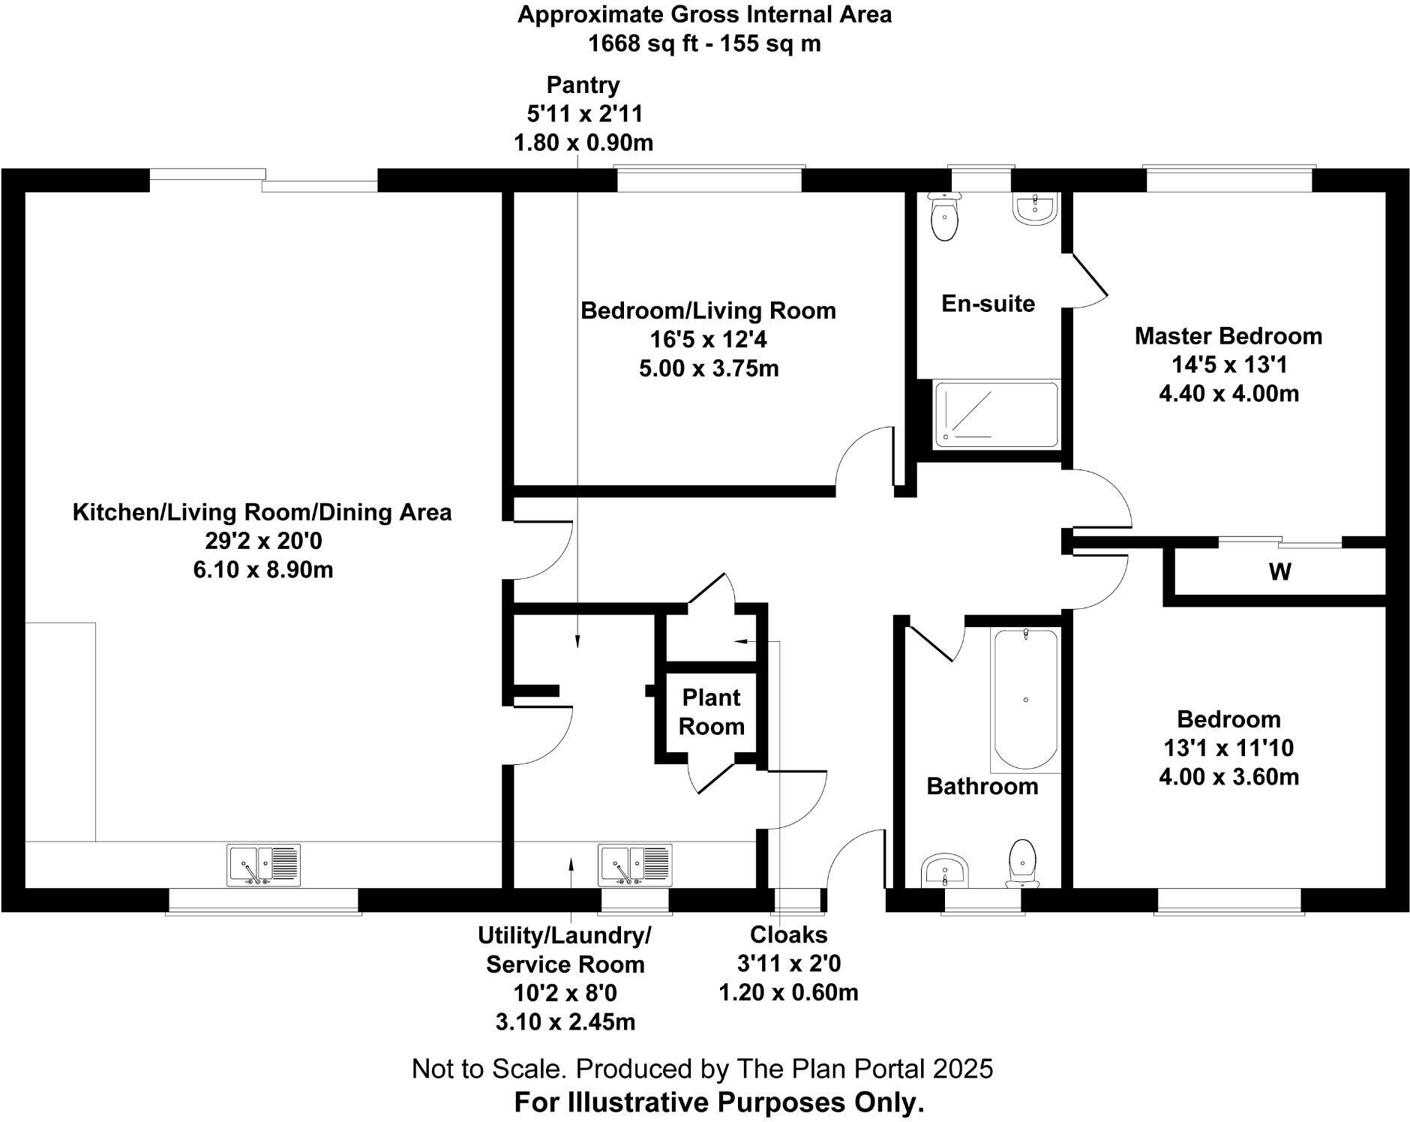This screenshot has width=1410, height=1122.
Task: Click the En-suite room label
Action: (x=988, y=303)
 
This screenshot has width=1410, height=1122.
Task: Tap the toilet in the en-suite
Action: (x=944, y=217)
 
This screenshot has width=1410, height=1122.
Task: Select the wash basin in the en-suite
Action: (x=1035, y=208)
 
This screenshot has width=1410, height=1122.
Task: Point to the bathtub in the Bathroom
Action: (x=1025, y=700)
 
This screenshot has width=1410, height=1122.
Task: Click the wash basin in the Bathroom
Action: (x=945, y=871)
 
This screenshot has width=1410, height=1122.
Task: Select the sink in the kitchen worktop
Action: (x=264, y=865)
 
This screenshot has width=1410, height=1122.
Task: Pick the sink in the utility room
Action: (x=634, y=865)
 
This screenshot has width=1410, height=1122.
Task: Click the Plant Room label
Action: (x=712, y=712)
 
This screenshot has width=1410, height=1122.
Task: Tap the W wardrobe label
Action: (x=1280, y=572)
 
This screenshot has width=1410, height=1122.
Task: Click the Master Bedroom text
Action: (x=1228, y=335)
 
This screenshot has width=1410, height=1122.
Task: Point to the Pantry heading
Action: (x=583, y=85)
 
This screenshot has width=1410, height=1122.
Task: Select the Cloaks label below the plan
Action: (x=789, y=934)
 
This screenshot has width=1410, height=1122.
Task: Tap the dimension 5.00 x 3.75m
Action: (x=709, y=368)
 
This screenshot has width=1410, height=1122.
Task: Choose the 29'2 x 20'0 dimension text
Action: (x=263, y=541)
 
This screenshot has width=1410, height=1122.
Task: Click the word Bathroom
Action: (x=982, y=786)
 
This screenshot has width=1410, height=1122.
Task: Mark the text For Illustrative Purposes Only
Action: (x=718, y=1102)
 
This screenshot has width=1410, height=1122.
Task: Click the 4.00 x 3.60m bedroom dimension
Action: (x=1228, y=776)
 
